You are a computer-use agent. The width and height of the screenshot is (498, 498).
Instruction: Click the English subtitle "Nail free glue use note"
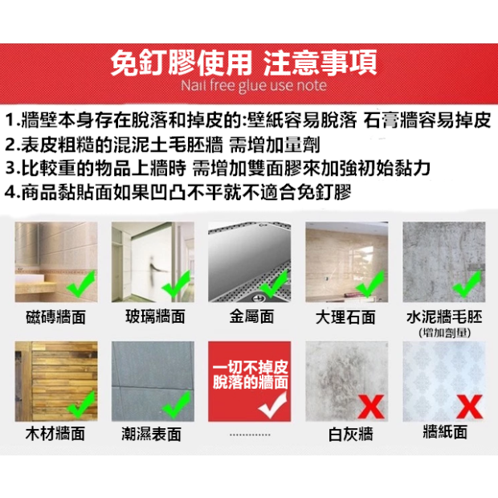(x=254, y=86)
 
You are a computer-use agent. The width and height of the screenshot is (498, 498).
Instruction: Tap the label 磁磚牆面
(x=56, y=317)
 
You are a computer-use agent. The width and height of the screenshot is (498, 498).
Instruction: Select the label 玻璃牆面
(x=155, y=316)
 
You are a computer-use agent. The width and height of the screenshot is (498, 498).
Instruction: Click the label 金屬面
(x=251, y=316)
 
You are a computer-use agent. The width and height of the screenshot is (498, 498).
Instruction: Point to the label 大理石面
(x=345, y=317)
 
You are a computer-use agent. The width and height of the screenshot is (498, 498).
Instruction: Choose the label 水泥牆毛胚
(x=444, y=316)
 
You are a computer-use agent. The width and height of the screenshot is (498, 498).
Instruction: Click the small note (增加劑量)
(x=445, y=333)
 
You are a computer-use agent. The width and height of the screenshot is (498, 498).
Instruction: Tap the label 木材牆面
(x=55, y=434)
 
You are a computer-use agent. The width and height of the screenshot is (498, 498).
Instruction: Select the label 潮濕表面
(x=151, y=434)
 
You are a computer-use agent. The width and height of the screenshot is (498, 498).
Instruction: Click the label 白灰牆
(x=350, y=435)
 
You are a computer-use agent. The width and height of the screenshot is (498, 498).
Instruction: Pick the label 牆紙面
(x=445, y=432)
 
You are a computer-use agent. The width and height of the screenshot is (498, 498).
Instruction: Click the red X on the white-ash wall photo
(x=371, y=406)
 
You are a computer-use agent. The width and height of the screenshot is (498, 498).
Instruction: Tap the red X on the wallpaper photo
(x=469, y=406)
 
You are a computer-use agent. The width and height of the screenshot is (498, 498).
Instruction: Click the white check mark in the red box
(x=272, y=405)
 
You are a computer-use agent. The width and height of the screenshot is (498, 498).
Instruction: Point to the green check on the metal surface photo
(x=274, y=284)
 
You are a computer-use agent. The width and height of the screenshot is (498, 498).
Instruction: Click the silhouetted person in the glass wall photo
(x=155, y=271)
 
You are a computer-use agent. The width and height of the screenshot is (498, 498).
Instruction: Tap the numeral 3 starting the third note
(x=10, y=168)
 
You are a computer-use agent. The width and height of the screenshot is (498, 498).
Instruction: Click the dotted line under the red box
(x=250, y=435)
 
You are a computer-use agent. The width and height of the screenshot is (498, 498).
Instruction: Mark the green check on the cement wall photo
(x=467, y=284)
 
